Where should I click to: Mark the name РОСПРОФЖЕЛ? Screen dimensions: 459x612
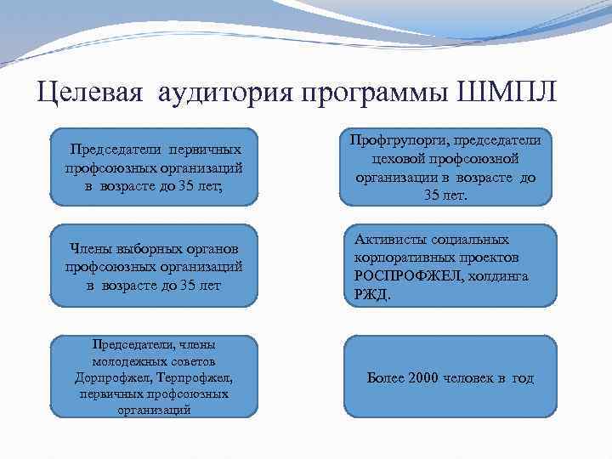tap(402, 276)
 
